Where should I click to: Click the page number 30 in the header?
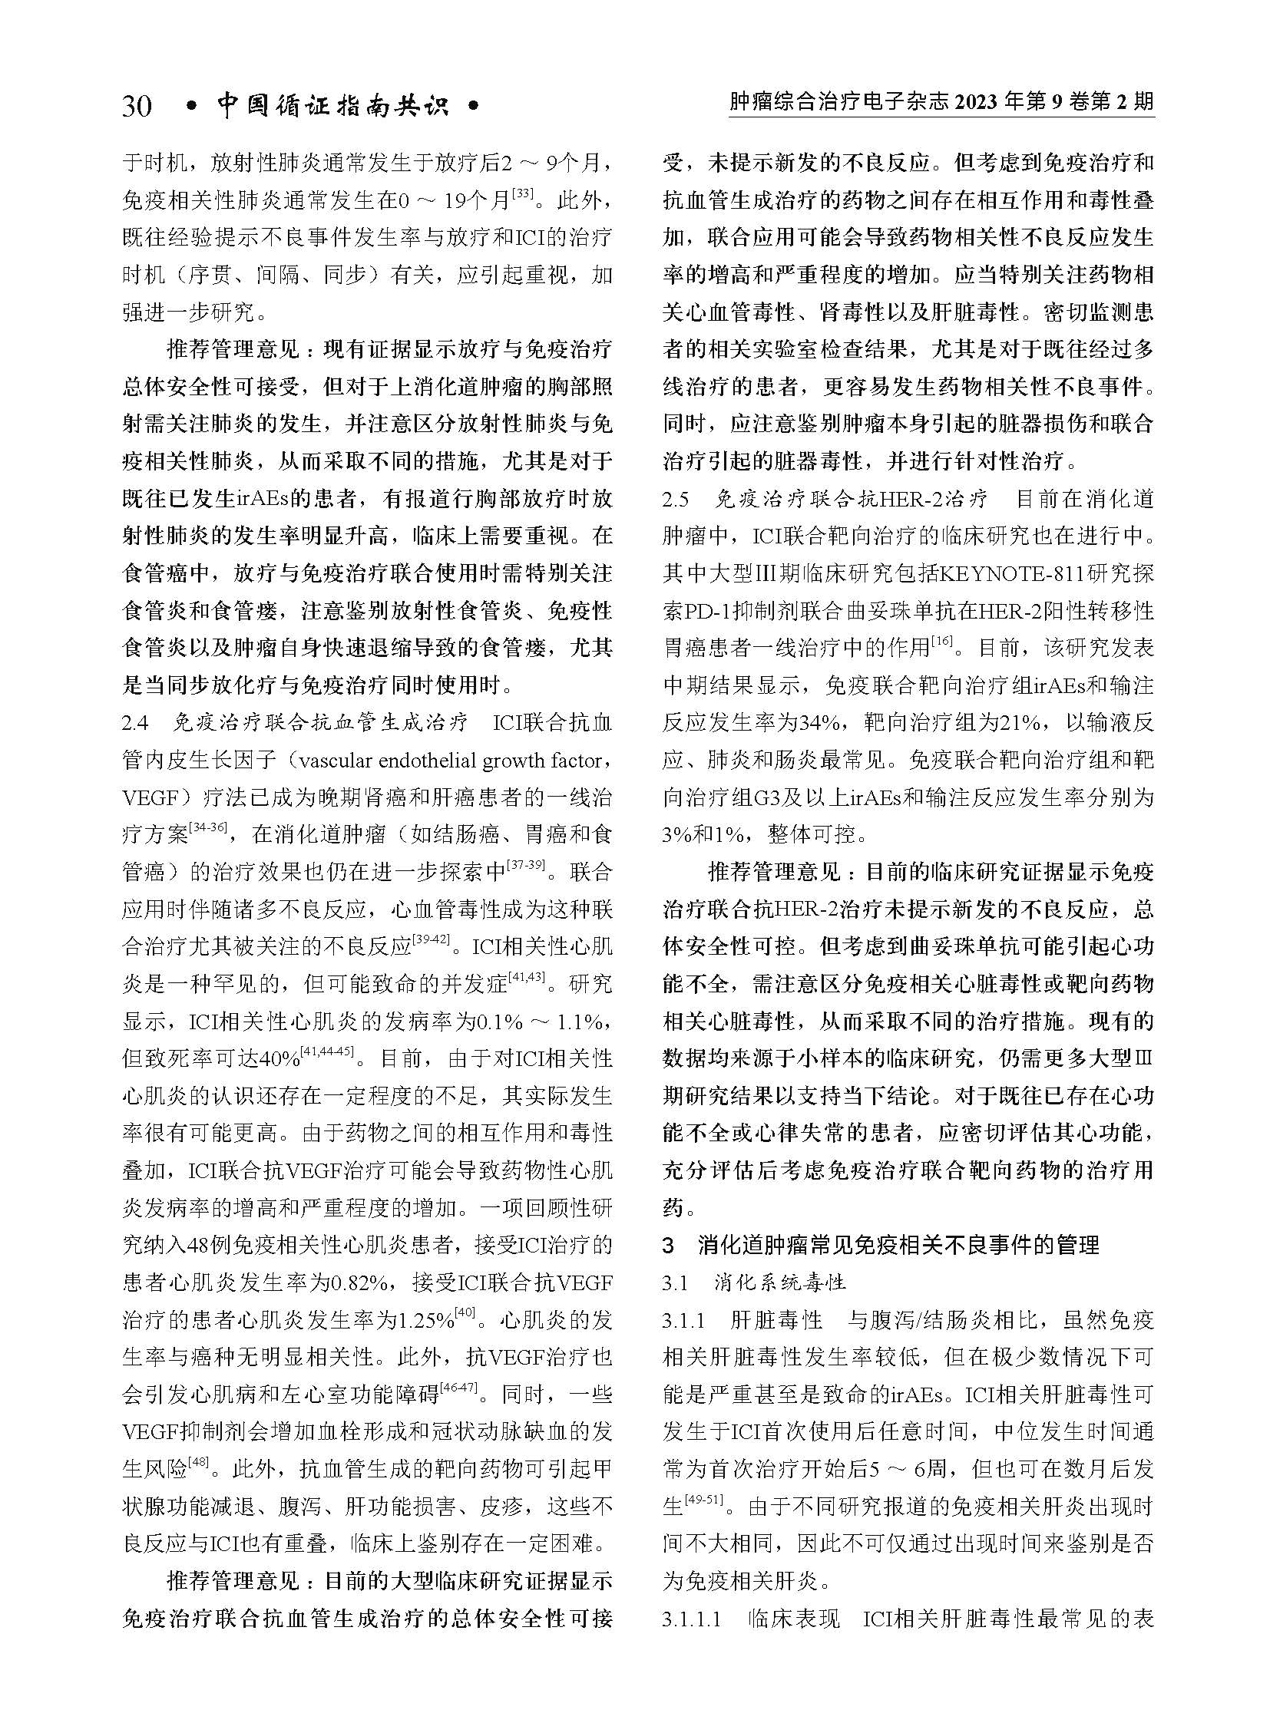[x=136, y=106]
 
